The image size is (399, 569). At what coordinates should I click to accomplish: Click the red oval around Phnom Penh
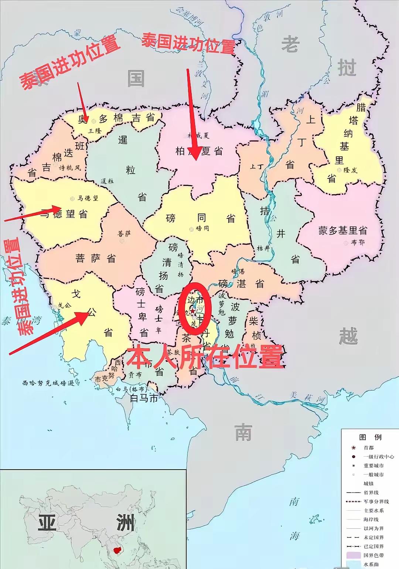tap(195, 309)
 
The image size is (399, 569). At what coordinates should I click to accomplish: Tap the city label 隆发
tap(350, 170)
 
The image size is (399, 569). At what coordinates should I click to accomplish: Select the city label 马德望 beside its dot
tap(88, 198)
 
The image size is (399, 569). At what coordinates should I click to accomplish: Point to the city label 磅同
tap(202, 229)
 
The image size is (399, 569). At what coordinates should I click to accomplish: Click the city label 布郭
tap(357, 243)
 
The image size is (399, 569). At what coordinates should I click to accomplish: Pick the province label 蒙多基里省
tap(343, 231)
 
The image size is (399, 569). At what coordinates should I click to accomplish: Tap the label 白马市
tap(144, 398)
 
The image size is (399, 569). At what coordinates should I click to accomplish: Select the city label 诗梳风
tap(70, 168)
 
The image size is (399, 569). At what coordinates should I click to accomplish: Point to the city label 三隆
tap(95, 131)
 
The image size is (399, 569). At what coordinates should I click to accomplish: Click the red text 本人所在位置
tap(205, 357)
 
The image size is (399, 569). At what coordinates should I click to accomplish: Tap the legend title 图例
tap(370, 437)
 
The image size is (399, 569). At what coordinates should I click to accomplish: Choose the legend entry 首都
tap(369, 448)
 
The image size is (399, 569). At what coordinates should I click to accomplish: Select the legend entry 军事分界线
tap(376, 502)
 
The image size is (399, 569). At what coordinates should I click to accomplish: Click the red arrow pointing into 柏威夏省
tap(193, 115)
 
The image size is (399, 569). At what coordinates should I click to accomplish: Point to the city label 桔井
tap(264, 248)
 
